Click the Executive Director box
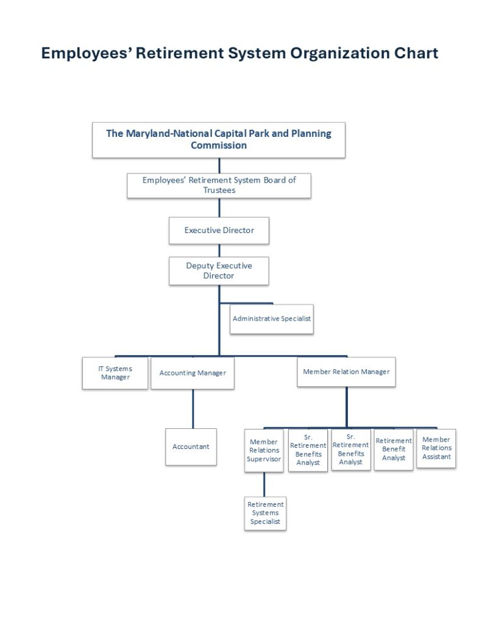coord(219,231)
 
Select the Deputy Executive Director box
coord(219,271)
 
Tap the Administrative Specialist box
coord(271,319)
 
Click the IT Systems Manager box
coord(115,373)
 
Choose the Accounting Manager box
coord(193,373)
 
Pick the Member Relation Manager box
coord(346,372)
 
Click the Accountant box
coord(191,447)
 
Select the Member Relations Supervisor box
coord(264,450)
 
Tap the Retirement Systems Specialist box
coord(265,513)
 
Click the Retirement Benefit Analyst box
coord(394,450)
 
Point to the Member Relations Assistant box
coord(436,448)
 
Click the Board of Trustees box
coord(219,185)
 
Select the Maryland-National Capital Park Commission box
coord(219,140)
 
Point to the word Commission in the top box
coord(219,145)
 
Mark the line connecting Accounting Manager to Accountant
coord(193,408)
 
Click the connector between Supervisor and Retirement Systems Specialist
coord(264,484)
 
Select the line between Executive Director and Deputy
coord(219,250)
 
